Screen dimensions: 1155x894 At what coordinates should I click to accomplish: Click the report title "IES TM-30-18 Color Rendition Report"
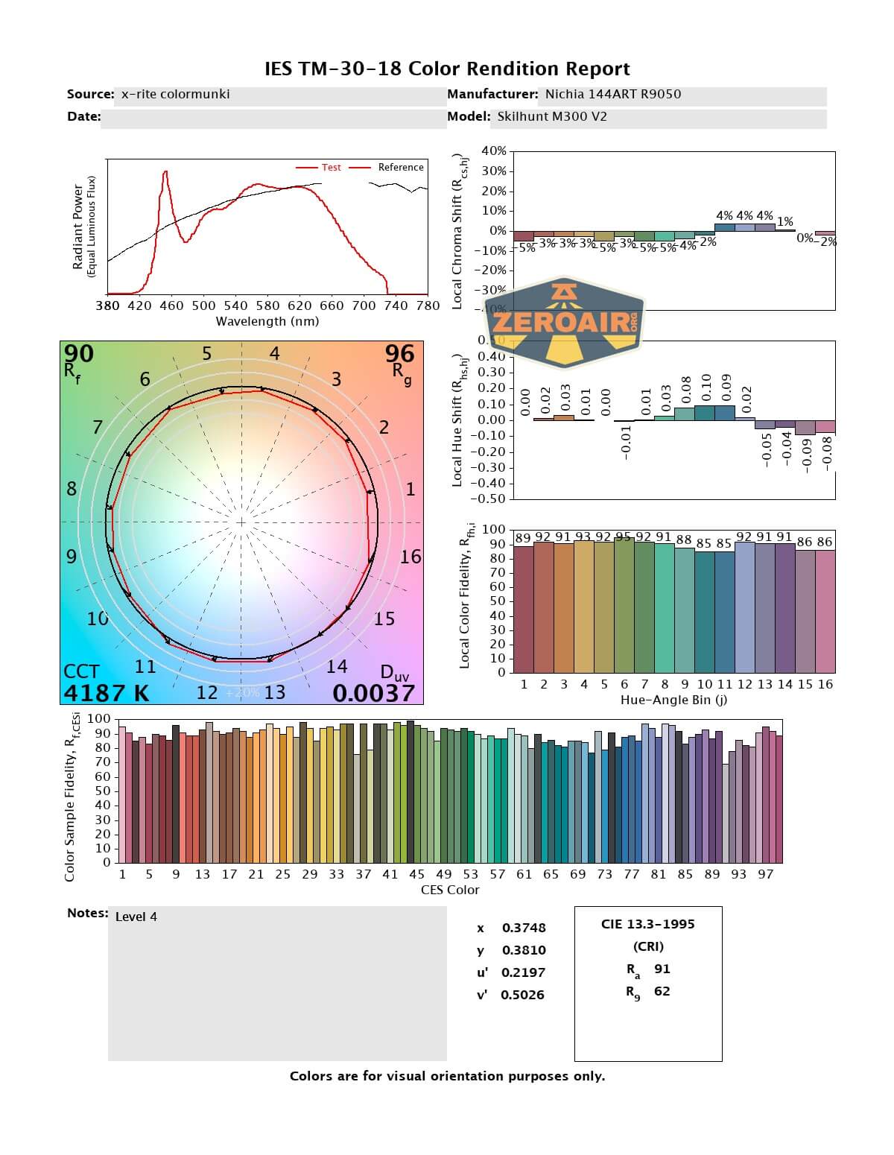(x=447, y=69)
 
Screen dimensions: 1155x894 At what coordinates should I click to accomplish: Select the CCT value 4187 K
(x=106, y=693)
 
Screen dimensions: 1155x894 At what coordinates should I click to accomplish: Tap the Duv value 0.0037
(x=373, y=693)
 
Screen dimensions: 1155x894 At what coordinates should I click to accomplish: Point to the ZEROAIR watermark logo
(x=565, y=323)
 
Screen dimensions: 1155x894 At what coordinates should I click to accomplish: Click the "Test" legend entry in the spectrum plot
(x=331, y=168)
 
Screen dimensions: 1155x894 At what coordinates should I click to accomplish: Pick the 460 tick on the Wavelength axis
(x=171, y=306)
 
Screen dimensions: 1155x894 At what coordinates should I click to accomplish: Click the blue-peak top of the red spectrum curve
(x=165, y=172)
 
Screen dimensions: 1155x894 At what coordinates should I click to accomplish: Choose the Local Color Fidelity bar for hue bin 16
(x=825, y=611)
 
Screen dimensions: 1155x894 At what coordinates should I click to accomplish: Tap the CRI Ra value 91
(x=662, y=969)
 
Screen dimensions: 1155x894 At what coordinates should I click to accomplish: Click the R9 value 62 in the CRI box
(x=662, y=991)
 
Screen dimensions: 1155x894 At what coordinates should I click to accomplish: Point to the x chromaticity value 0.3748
(x=524, y=928)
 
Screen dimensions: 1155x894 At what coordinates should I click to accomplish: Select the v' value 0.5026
(x=522, y=995)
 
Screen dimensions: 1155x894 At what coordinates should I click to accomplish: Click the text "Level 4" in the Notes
(x=136, y=917)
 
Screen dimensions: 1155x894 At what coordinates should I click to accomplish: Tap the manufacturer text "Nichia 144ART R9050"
(x=612, y=94)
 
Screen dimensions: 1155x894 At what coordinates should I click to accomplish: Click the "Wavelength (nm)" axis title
(x=267, y=321)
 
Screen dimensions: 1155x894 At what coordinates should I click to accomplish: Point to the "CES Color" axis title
(x=450, y=890)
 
